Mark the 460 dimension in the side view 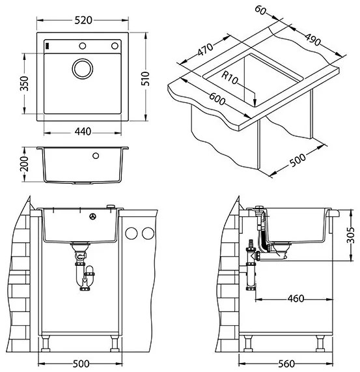296,300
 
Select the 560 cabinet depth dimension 296,364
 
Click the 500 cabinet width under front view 81,364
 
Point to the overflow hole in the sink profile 96,156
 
